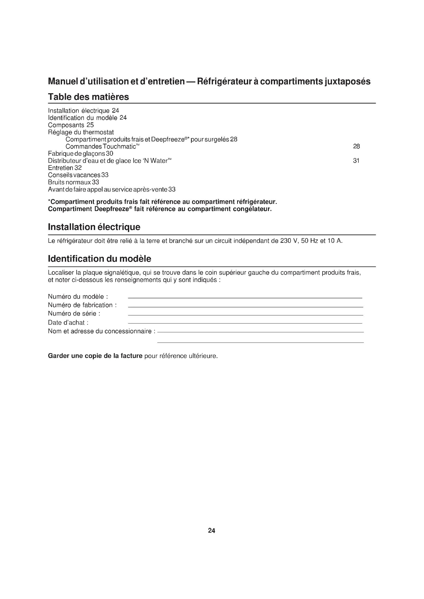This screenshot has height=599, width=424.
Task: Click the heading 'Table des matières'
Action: tap(88, 97)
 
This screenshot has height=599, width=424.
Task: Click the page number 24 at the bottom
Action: tap(211, 530)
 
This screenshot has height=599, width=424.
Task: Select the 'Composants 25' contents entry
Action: tap(71, 125)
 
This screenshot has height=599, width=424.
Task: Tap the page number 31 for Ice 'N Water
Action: tap(356, 161)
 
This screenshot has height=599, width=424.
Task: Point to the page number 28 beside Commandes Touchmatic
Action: tap(356, 146)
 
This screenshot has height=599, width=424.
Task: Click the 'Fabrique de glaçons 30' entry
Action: tap(80, 153)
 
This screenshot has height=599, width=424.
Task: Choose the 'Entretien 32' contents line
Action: tap(65, 168)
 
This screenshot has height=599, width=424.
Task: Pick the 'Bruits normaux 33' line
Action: tap(73, 182)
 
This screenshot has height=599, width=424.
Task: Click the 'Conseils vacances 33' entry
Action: tap(78, 175)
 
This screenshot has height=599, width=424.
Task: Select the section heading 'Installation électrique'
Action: tap(94, 227)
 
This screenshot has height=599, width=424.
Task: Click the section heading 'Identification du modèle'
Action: tap(99, 259)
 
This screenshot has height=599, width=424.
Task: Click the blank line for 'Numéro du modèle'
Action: tap(245, 298)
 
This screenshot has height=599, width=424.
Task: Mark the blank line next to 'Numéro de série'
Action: tap(245, 315)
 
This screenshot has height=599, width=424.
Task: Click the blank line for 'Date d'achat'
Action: tap(245, 323)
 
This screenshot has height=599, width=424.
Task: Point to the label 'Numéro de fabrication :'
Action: tap(82, 305)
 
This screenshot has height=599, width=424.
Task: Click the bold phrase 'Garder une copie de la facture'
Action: tap(95, 356)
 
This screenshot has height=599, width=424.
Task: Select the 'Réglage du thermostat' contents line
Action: tap(81, 132)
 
